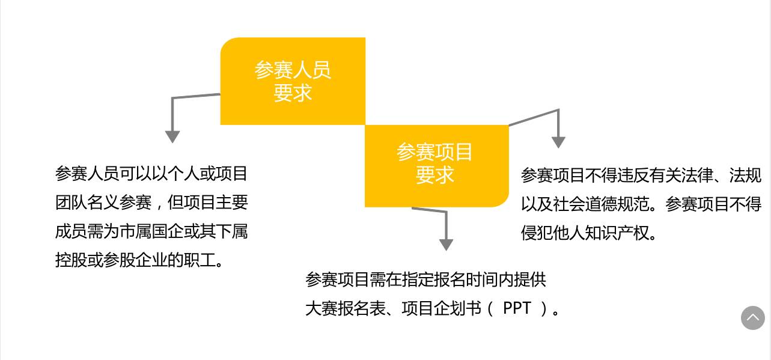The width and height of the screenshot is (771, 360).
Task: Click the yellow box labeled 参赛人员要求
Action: click(293, 81)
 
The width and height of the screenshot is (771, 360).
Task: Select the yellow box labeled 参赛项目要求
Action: click(436, 165)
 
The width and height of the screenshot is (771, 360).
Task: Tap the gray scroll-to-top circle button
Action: click(752, 318)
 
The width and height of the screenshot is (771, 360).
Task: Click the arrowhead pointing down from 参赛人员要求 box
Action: click(172, 136)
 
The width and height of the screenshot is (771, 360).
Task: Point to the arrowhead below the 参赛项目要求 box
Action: click(446, 244)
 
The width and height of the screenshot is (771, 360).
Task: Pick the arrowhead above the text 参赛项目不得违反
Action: click(558, 142)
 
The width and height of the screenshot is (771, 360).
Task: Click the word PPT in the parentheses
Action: click(517, 308)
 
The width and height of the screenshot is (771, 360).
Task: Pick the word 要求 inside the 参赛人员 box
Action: click(293, 93)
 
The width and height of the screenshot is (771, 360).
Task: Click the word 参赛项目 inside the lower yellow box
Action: click(434, 152)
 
